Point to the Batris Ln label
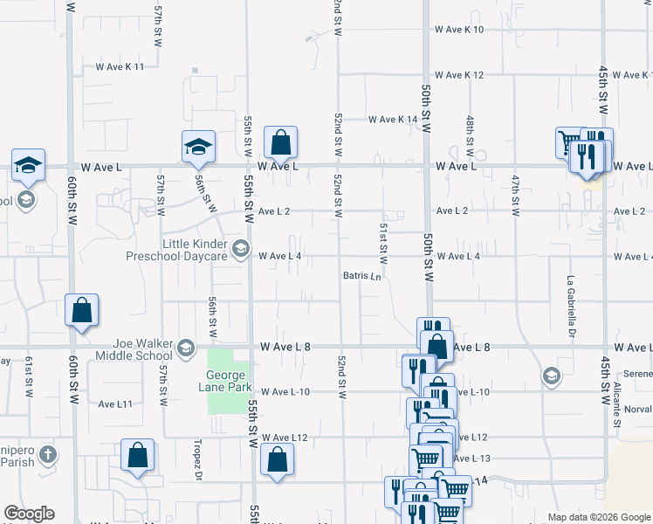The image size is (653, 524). click(x=362, y=277)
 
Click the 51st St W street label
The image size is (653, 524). click(x=382, y=244)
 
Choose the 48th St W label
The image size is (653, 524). click(x=470, y=129)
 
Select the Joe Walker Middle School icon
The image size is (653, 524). click(x=184, y=349)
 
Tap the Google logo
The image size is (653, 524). click(x=29, y=514)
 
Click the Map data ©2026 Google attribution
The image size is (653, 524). click(x=598, y=517)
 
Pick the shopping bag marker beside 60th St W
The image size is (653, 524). click(x=81, y=310)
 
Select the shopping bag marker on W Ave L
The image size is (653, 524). click(x=280, y=141)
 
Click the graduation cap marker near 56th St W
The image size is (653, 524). click(x=198, y=146)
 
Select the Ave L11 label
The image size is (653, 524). click(x=114, y=404)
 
